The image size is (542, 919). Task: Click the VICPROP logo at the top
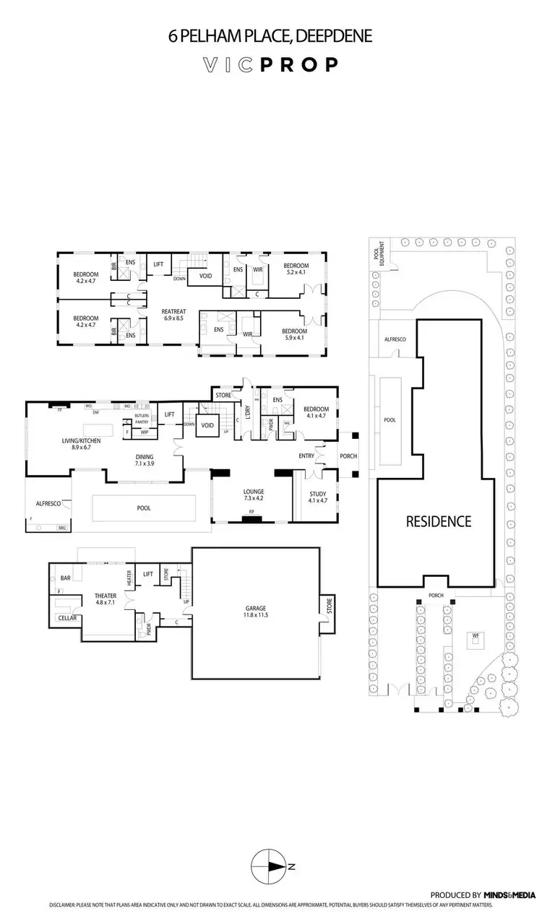(x=270, y=65)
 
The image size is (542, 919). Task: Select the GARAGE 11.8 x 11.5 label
(x=256, y=611)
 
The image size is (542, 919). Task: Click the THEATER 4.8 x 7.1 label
(x=106, y=598)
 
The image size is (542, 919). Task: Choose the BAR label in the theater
(x=65, y=578)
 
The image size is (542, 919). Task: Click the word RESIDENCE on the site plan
(x=438, y=521)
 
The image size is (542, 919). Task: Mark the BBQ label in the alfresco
(x=61, y=528)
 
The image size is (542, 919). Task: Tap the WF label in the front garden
(x=476, y=635)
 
